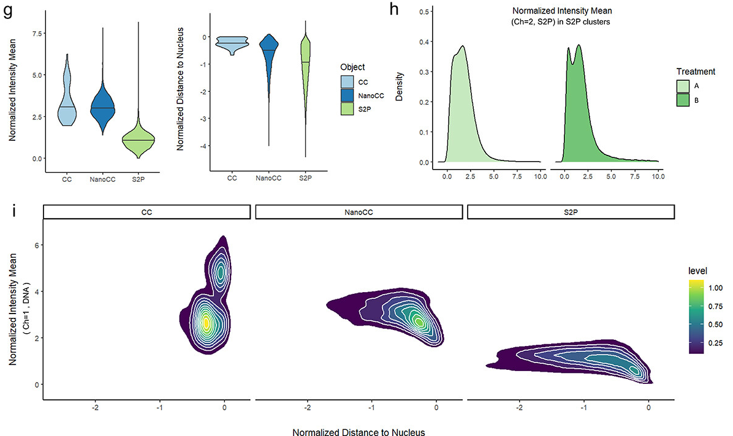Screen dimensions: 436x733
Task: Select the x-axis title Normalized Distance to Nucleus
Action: point(359,432)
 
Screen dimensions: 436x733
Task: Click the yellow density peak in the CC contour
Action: point(207,321)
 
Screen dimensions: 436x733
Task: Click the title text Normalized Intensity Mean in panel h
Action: point(548,11)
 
